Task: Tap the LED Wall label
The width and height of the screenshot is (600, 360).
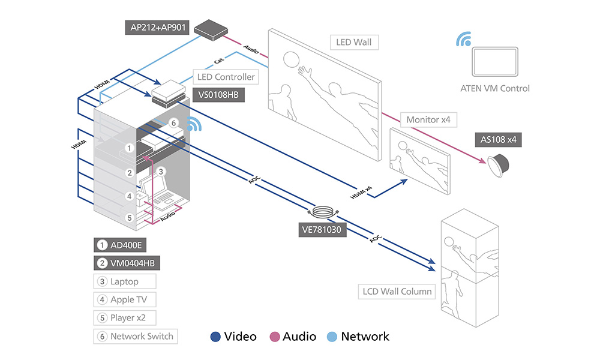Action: [354, 43]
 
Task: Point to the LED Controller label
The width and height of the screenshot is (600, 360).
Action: [226, 77]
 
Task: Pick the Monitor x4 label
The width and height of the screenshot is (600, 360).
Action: [428, 120]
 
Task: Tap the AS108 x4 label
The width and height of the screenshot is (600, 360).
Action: [498, 139]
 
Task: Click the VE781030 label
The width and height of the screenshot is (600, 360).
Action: [323, 229]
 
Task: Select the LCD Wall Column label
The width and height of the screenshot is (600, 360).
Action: [397, 292]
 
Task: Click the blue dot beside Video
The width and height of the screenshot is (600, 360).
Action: [215, 337]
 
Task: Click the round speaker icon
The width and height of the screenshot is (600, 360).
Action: [499, 163]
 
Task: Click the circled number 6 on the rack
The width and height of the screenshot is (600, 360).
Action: [173, 123]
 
